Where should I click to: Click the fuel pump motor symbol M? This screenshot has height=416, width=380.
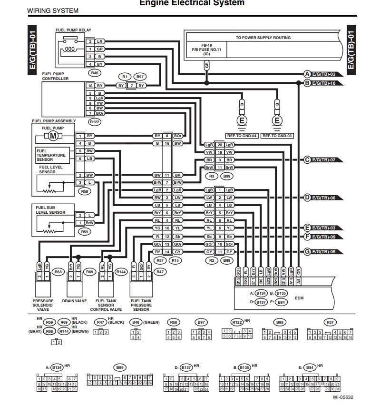point(52,136)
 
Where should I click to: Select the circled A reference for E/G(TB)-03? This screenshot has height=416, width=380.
point(307,74)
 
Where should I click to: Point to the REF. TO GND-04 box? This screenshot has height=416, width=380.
point(242,136)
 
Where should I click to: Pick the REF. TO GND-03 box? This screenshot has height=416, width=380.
point(277,136)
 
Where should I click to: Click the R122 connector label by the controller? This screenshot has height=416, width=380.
point(94,122)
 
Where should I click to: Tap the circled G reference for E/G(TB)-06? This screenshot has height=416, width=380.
point(307,251)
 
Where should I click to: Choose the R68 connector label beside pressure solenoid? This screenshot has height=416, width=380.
point(58,272)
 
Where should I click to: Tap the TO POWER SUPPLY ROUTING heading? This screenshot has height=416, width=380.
point(263,38)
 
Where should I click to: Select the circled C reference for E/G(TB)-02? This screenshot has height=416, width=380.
point(307,160)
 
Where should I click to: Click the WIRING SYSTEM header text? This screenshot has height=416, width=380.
point(53,10)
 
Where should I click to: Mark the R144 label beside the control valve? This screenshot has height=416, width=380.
point(121,272)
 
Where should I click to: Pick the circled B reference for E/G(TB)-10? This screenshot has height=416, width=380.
point(307,83)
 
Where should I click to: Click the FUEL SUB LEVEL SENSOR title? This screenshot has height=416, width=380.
point(50,209)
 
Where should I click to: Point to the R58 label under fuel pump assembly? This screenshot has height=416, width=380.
point(84,191)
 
